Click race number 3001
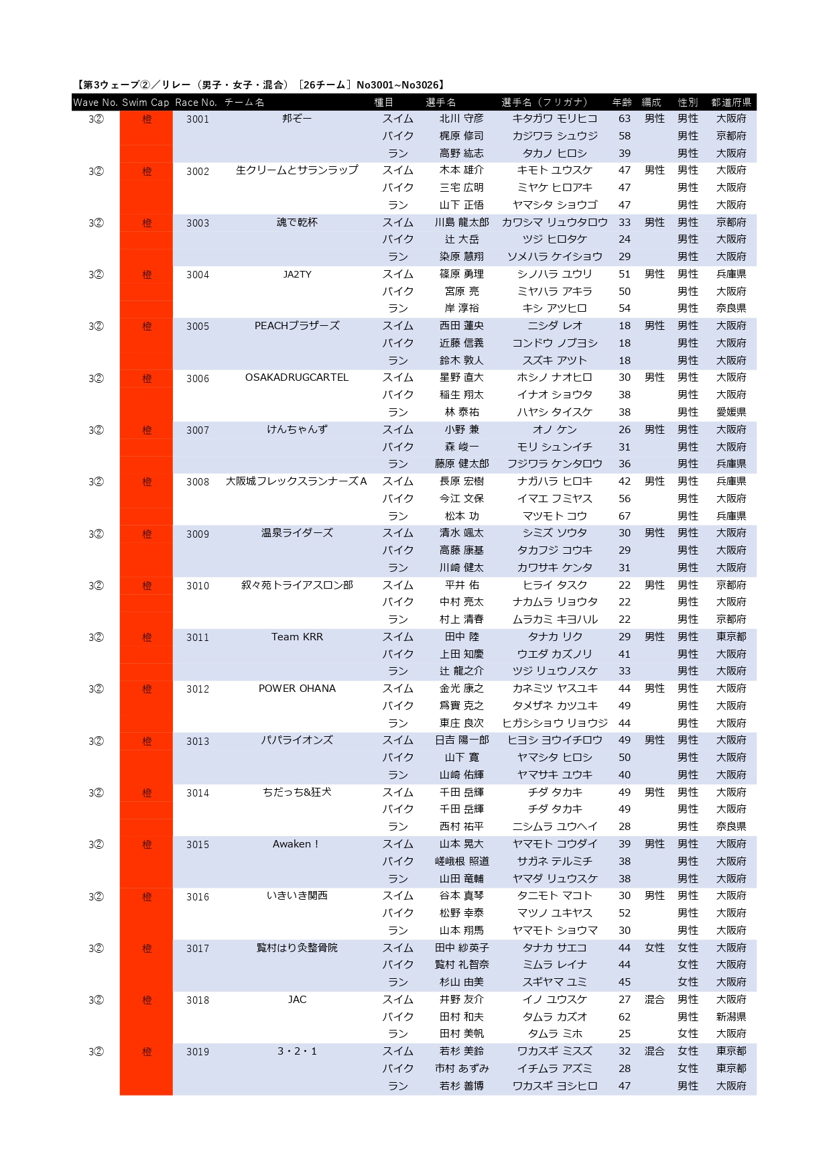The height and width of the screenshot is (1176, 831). click(x=198, y=119)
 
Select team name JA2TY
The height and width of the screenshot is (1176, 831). click(x=297, y=274)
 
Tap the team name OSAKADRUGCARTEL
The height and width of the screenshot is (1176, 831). click(x=297, y=377)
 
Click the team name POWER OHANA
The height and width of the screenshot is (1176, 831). click(x=297, y=689)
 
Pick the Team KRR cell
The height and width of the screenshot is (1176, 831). click(x=297, y=637)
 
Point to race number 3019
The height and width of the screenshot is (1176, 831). click(x=198, y=1052)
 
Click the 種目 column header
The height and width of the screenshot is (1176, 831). click(x=384, y=103)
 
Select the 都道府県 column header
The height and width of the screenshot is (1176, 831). click(x=731, y=103)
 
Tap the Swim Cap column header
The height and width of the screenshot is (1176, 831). click(x=145, y=103)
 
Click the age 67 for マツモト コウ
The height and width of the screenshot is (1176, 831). click(x=625, y=516)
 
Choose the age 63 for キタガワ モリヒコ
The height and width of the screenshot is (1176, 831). click(x=625, y=119)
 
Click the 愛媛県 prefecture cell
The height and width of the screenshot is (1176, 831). click(x=731, y=412)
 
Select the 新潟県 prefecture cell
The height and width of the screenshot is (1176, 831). click(x=731, y=1017)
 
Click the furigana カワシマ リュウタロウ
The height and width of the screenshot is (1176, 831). click(x=555, y=223)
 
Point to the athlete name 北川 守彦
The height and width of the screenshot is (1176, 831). click(x=461, y=119)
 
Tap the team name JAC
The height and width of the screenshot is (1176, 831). click(x=297, y=1000)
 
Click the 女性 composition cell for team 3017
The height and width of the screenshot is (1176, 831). click(x=655, y=948)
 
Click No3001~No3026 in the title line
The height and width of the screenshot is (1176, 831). click(x=399, y=85)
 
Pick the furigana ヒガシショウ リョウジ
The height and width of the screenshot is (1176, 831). click(x=555, y=723)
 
